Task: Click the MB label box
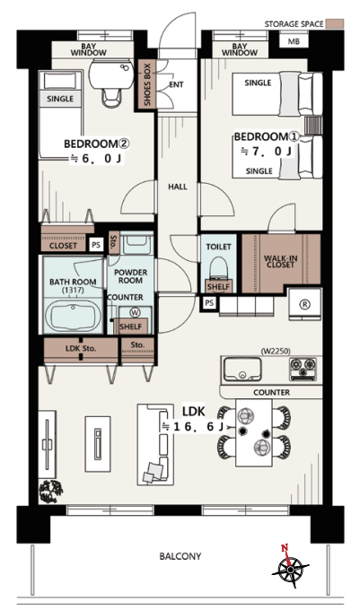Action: point(294,40)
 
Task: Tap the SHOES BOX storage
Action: point(147,84)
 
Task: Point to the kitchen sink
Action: point(241,369)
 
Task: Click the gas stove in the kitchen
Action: point(303,369)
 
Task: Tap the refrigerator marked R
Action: point(304,304)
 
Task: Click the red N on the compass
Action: point(285,548)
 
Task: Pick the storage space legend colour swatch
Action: point(335,23)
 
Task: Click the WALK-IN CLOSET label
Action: point(280,261)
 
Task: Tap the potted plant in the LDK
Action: point(50,492)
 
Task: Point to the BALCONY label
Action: point(180,556)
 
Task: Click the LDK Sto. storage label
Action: point(81,349)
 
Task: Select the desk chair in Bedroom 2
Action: point(112,97)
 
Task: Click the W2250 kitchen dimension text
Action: point(275,351)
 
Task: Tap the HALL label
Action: point(178,187)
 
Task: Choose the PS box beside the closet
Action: point(96,245)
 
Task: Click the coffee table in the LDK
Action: point(98,444)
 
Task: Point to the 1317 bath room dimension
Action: point(73,291)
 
